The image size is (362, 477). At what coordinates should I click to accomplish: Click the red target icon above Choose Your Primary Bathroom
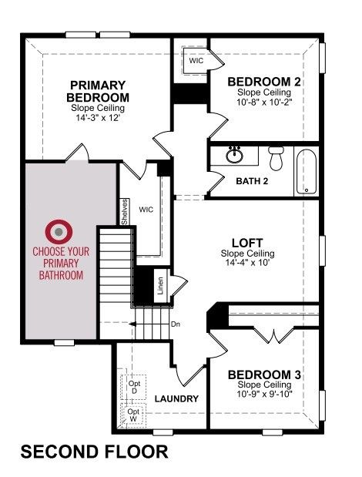(x=59, y=232)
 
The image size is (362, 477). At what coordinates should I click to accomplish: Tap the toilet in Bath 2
(x=277, y=158)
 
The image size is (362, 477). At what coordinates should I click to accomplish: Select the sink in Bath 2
(x=234, y=155)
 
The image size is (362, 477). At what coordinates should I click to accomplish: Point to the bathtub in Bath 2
(x=306, y=171)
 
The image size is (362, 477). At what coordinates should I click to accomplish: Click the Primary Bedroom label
(x=98, y=91)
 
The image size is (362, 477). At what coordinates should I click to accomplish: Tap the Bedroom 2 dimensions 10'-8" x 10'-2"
(x=264, y=102)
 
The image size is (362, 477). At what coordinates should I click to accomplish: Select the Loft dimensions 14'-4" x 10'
(x=248, y=262)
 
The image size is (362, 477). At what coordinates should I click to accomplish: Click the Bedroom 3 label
(x=264, y=375)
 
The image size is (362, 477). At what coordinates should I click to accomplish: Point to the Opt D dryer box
(x=134, y=387)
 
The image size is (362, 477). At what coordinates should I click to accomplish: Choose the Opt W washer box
(x=134, y=415)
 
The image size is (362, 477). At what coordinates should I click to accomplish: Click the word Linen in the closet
(x=160, y=286)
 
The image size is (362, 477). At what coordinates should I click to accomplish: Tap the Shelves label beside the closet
(x=125, y=212)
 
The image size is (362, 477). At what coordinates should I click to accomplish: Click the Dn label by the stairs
(x=176, y=324)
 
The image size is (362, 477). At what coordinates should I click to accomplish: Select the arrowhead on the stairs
(x=132, y=324)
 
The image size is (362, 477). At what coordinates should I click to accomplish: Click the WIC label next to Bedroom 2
(x=196, y=61)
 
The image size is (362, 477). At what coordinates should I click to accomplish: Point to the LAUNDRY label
(x=176, y=399)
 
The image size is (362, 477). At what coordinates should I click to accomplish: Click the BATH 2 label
(x=252, y=181)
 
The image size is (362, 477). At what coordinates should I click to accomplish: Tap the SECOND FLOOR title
(x=94, y=452)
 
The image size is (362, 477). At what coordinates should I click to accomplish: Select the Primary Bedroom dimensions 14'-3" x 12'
(x=98, y=118)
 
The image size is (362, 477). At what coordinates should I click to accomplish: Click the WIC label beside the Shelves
(x=146, y=210)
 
